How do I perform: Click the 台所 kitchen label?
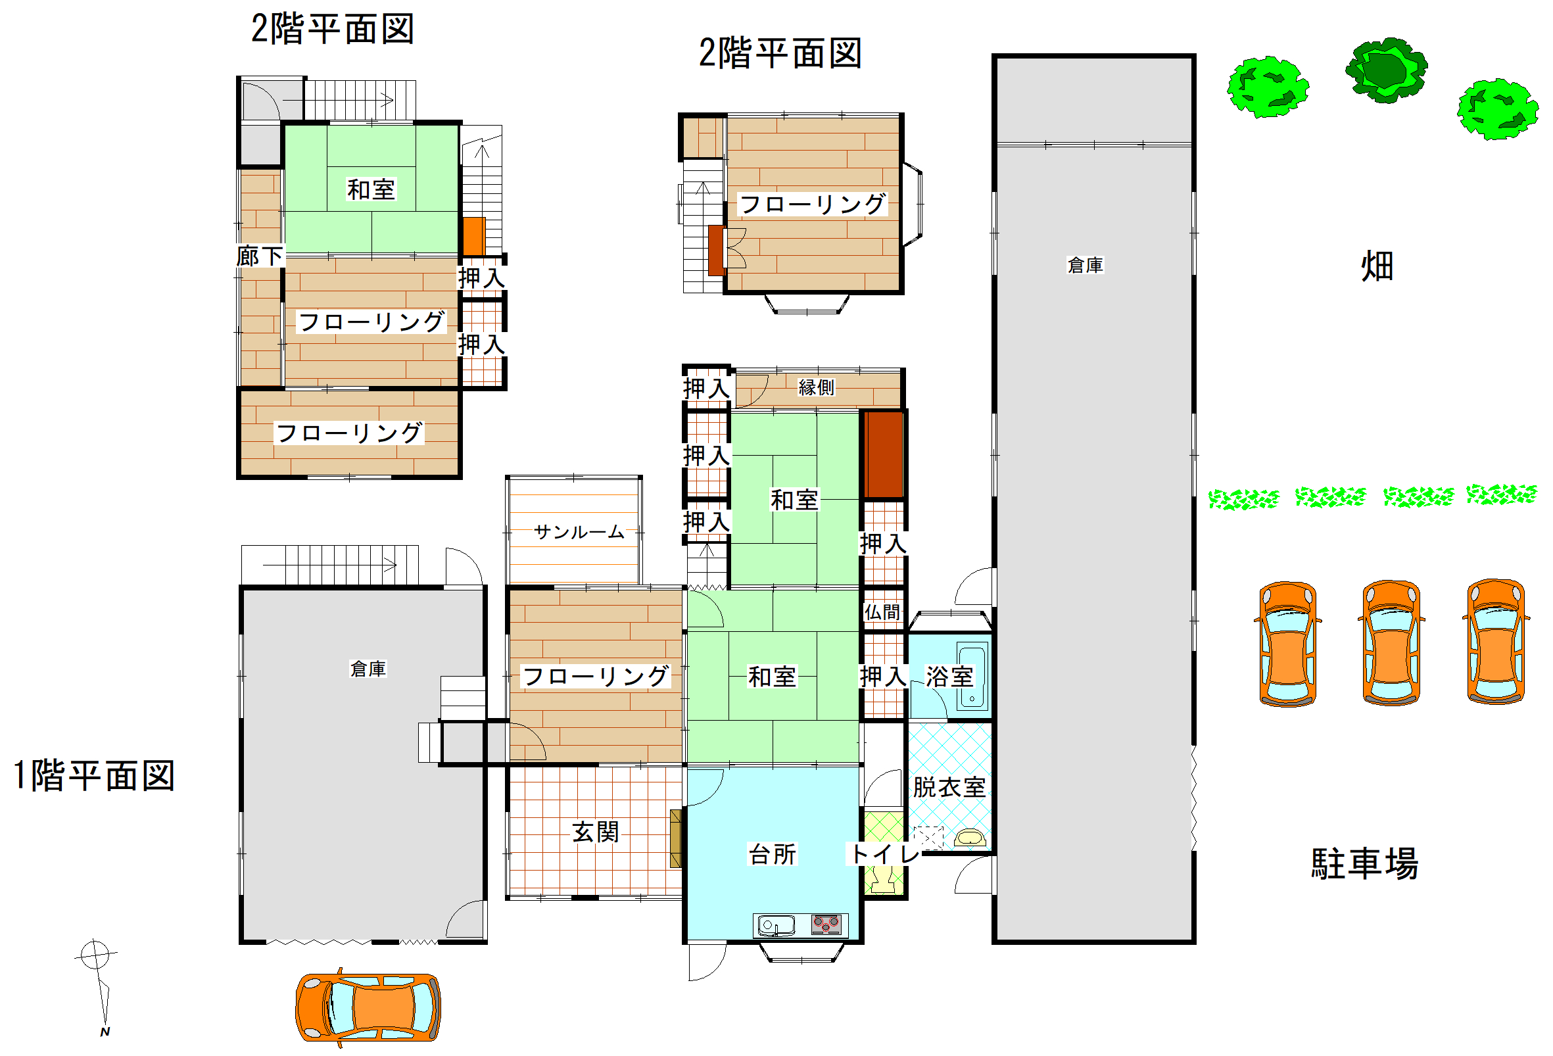[x=773, y=854]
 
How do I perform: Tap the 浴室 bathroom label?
[x=949, y=677]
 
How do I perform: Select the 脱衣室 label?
[x=949, y=787]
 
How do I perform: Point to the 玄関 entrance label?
[x=596, y=832]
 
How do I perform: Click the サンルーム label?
[x=579, y=532]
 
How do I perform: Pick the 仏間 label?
[x=882, y=612]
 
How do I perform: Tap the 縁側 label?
[x=817, y=387]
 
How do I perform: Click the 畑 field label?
[x=1377, y=266]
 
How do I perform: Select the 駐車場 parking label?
[x=1364, y=863]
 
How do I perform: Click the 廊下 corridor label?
[x=260, y=255]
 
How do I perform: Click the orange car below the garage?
[x=368, y=1007]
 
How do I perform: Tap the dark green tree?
[x=1386, y=70]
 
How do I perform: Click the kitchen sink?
[x=775, y=926]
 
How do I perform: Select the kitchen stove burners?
[x=826, y=924]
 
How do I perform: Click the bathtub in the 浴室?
[x=972, y=676]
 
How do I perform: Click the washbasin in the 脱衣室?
[x=970, y=838]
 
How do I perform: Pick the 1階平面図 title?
[x=94, y=776]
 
